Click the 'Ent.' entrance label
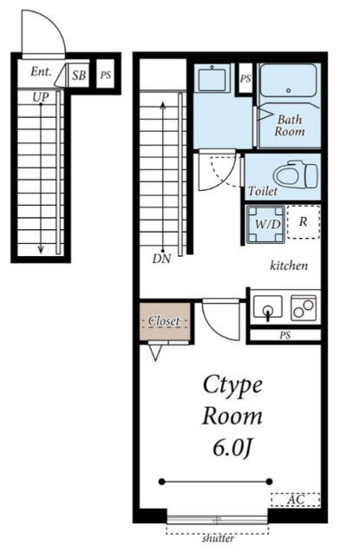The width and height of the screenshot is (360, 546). [41, 72]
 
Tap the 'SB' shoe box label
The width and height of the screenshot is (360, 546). [79, 76]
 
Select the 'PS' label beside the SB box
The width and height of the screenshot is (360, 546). [105, 75]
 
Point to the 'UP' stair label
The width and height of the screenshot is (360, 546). [41, 97]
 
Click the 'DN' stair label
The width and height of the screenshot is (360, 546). [161, 259]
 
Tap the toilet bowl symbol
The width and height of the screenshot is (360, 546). [295, 174]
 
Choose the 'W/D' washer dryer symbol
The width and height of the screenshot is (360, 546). [265, 224]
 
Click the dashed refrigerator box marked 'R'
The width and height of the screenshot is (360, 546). [304, 222]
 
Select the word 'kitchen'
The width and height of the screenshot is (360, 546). [289, 266]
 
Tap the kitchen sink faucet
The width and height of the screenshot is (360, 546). [267, 312]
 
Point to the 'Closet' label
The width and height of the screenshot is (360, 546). [164, 320]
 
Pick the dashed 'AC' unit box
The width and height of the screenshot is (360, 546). [295, 500]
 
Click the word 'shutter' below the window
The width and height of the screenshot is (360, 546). [218, 538]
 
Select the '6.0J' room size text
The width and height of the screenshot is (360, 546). [232, 448]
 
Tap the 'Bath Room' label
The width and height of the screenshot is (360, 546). [290, 125]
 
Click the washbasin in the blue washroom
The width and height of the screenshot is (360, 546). [212, 79]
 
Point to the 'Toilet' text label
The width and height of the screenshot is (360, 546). [263, 191]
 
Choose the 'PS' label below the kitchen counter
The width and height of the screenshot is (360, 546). [285, 335]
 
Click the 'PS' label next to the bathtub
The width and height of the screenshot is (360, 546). [245, 78]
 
